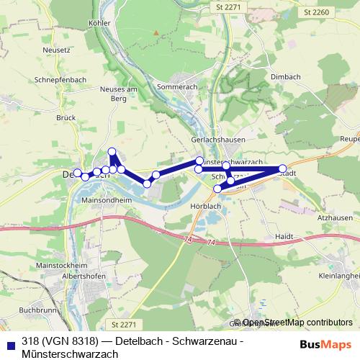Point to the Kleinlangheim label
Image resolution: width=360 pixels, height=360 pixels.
click(x=338, y=275)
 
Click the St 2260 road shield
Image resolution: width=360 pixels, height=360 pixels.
click(x=316, y=12)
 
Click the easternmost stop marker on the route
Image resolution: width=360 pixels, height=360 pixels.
click(x=283, y=168)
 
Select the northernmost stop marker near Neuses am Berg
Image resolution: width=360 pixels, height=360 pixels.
click(x=112, y=151)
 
